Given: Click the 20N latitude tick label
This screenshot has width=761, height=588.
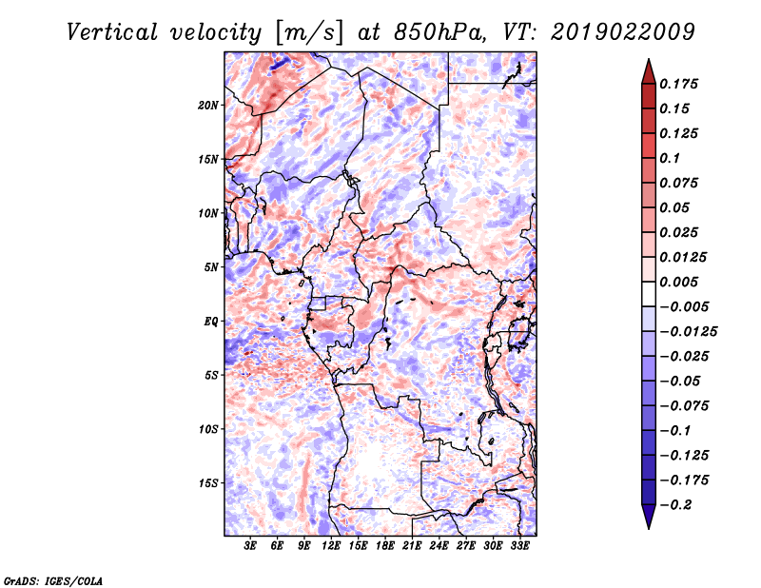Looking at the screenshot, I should tap(208, 105).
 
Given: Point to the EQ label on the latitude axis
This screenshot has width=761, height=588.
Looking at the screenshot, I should tap(211, 322).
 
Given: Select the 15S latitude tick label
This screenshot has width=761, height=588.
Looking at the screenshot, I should tap(208, 483).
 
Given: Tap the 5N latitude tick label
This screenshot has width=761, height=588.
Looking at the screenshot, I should tap(211, 267).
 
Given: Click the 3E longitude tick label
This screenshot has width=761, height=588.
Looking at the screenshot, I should tap(250, 546).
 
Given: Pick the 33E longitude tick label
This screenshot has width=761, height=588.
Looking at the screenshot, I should tap(519, 546).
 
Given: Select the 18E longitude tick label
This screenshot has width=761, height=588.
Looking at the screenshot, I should tap(385, 546).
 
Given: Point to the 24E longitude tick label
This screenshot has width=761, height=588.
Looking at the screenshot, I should tap(439, 546).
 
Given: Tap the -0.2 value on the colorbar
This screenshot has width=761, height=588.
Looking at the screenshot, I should tap(676, 504).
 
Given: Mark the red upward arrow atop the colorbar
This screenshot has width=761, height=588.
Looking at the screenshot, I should tap(647, 70).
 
